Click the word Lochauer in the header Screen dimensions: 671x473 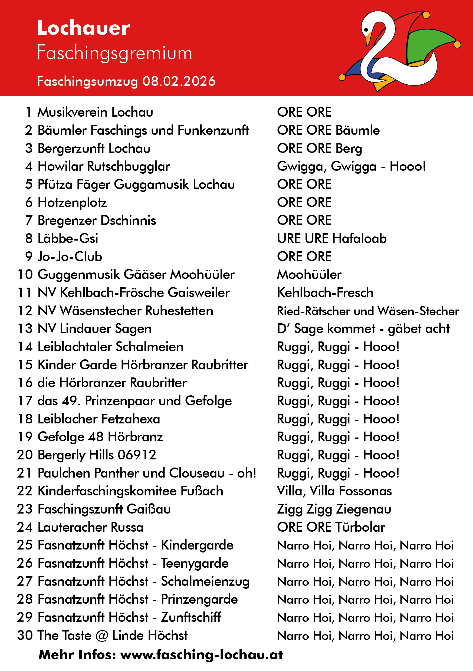click(83, 28)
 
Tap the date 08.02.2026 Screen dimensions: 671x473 click(179, 81)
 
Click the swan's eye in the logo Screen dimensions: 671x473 click(366, 30)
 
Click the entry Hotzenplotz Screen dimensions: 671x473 click(72, 203)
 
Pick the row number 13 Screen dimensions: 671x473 click(25, 329)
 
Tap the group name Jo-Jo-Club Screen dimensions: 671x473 click(70, 256)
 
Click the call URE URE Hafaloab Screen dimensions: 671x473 click(331, 238)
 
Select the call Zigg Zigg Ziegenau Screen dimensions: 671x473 click(334, 509)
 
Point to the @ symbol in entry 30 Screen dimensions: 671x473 click(102, 636)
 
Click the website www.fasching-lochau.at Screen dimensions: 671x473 click(201, 655)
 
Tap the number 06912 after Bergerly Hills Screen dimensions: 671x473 click(137, 455)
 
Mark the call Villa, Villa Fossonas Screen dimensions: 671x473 click(334, 491)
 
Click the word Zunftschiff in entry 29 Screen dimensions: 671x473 click(191, 617)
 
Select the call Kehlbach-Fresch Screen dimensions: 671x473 click(325, 293)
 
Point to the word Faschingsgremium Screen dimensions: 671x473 click(114, 53)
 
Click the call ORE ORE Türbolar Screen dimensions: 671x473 click(331, 527)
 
